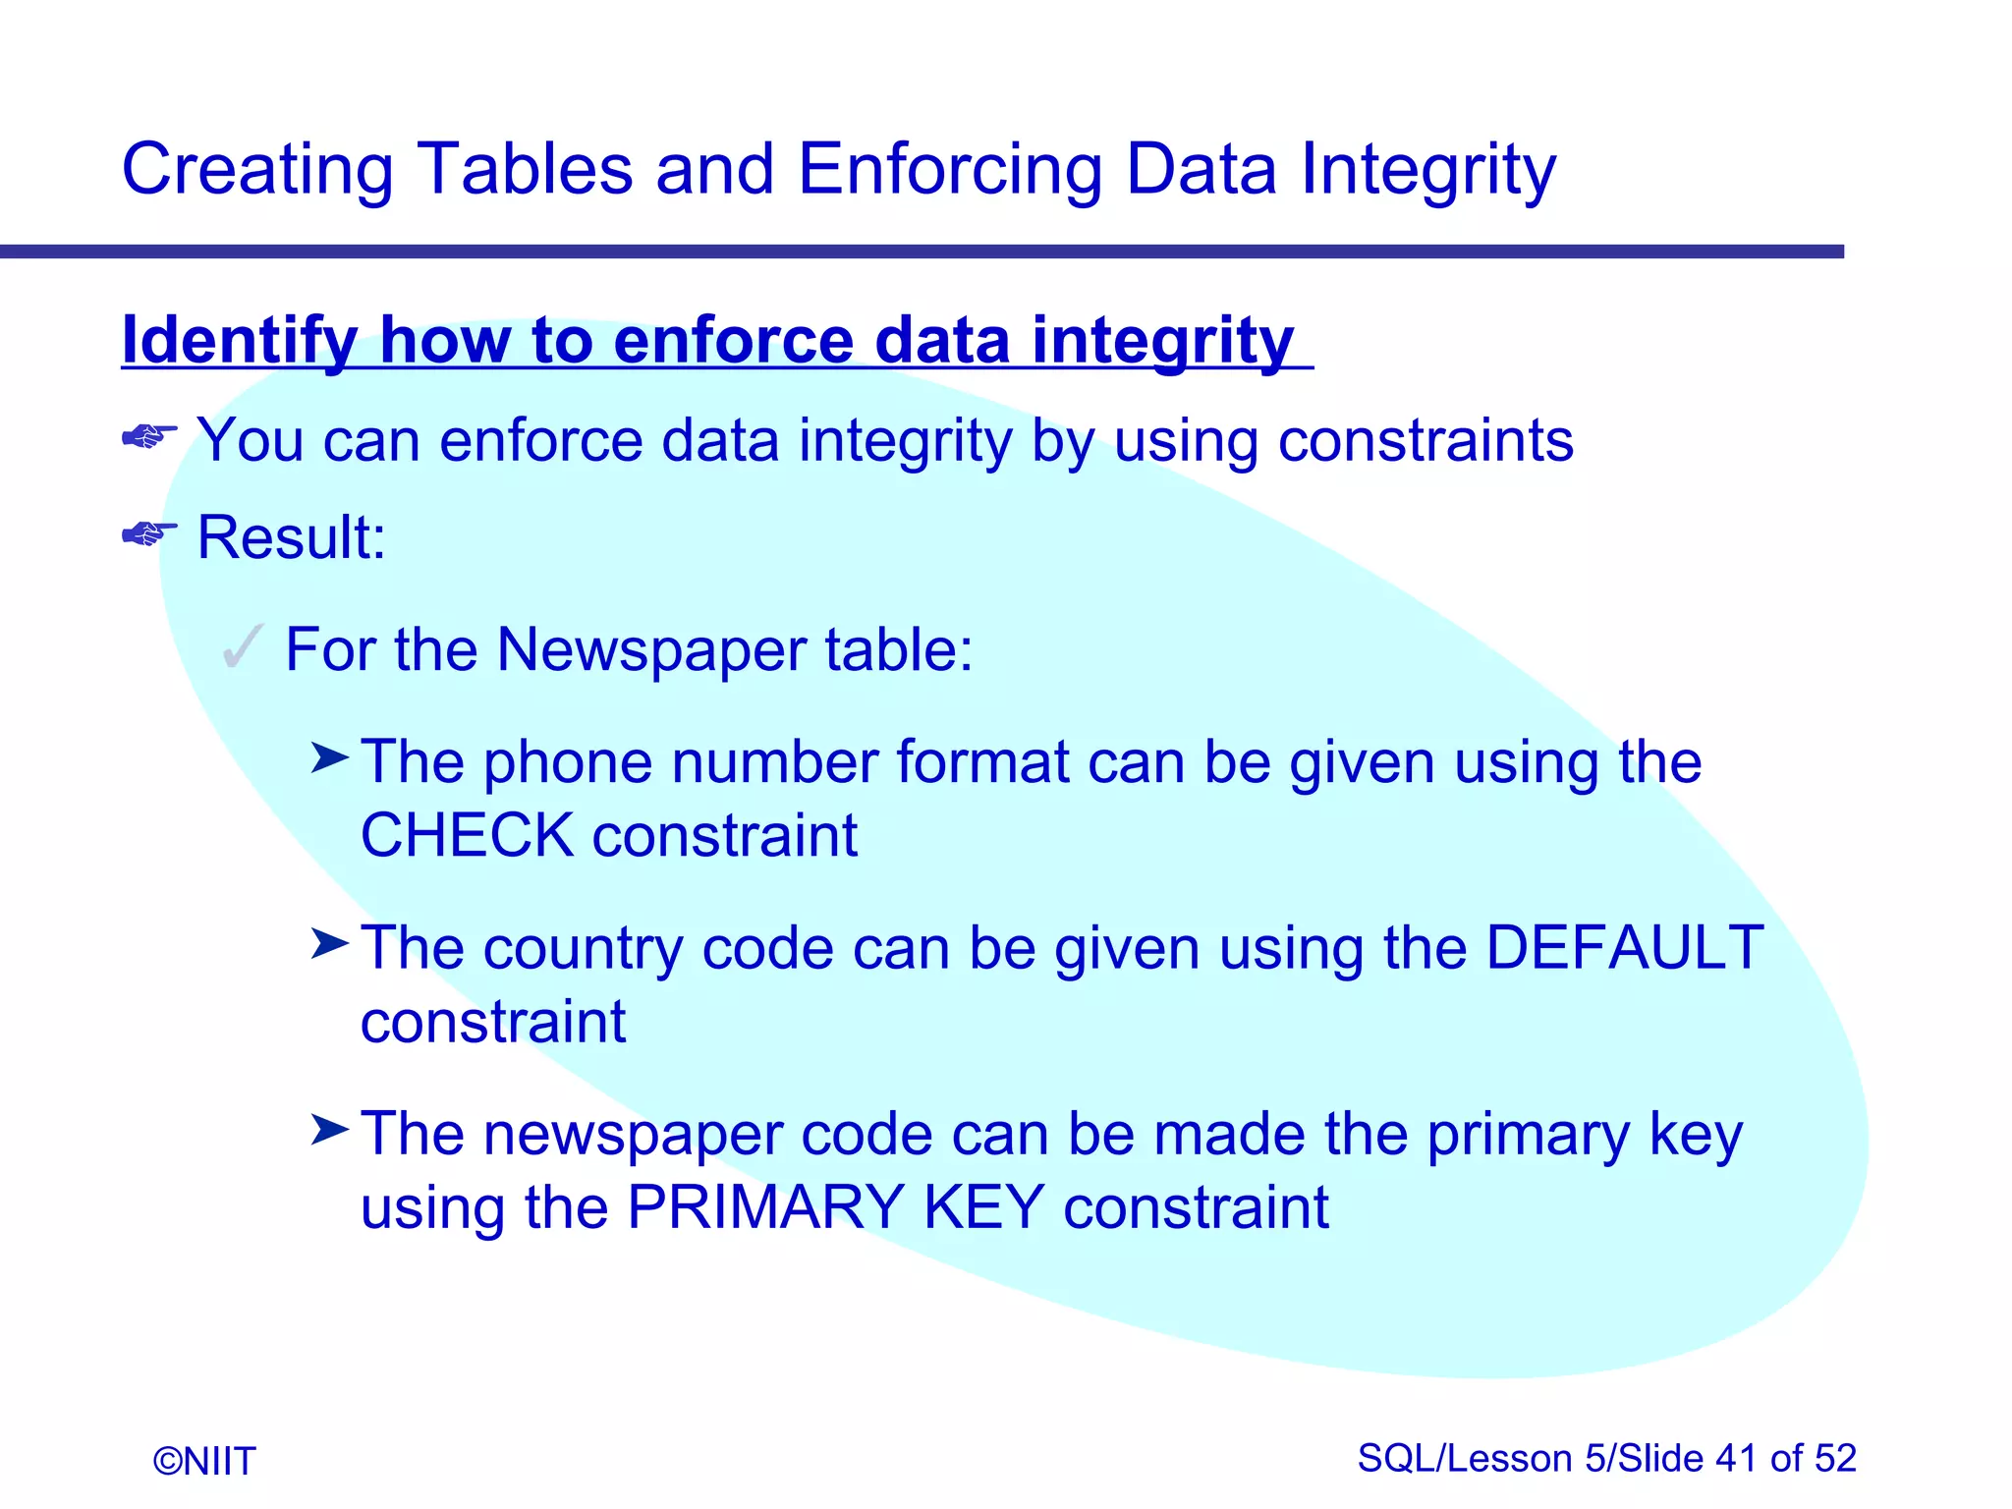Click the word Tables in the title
(x=525, y=169)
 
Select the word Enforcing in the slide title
(x=949, y=169)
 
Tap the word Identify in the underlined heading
(x=239, y=341)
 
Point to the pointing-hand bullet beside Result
(x=149, y=533)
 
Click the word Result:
(x=292, y=537)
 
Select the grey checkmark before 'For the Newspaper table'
(x=242, y=647)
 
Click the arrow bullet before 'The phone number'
(x=330, y=757)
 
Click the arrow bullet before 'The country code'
(x=330, y=944)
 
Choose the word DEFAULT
(x=1624, y=948)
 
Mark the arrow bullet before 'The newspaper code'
(x=330, y=1130)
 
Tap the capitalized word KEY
(x=983, y=1207)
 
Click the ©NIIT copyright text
(x=204, y=1461)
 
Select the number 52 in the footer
(x=1835, y=1459)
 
